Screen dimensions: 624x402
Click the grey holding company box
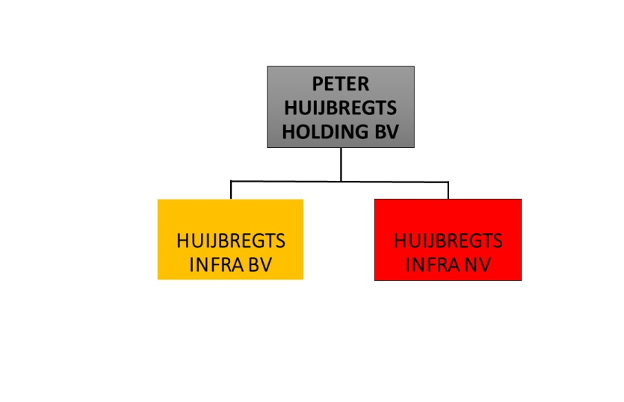point(341,107)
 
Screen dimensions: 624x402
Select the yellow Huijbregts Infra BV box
point(230,239)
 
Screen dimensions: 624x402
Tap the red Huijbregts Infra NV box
point(448,240)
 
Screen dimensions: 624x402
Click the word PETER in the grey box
point(341,84)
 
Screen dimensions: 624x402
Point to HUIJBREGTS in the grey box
point(341,108)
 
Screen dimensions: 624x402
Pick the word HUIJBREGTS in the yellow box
point(231,241)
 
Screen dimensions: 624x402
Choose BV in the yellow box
point(260,265)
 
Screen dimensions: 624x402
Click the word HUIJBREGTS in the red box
point(448,241)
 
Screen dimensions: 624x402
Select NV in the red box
point(478,265)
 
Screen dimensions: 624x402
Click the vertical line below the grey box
point(341,164)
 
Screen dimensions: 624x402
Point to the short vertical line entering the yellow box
point(231,190)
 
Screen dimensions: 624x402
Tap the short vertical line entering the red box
point(448,191)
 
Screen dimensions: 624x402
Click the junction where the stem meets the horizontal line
point(341,182)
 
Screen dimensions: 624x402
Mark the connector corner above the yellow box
point(231,181)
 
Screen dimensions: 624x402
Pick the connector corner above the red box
point(448,182)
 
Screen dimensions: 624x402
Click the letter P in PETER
point(317,84)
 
